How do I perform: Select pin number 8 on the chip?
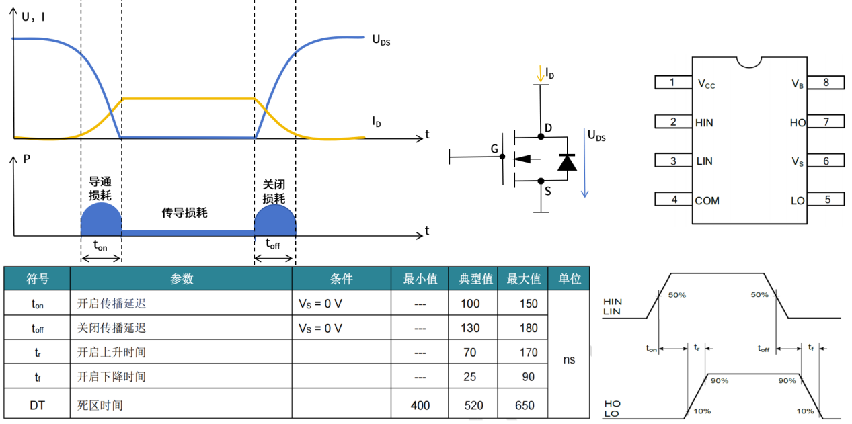(826, 83)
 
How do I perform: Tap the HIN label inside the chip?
(705, 122)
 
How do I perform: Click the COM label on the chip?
(707, 200)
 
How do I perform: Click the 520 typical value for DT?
(474, 405)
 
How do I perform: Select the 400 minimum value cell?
(420, 405)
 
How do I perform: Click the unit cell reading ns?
(569, 359)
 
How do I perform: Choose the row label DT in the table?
(38, 405)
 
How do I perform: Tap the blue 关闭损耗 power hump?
(274, 218)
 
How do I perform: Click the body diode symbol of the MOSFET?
(568, 161)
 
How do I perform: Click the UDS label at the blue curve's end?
(381, 40)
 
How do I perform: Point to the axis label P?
(26, 159)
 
